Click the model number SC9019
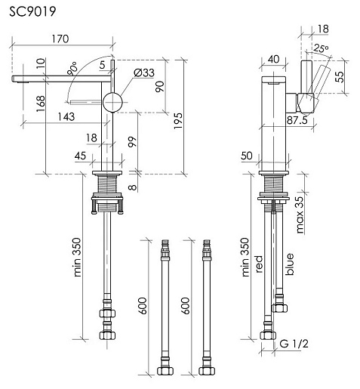click(x=32, y=11)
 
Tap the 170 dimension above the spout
click(x=60, y=39)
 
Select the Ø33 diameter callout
click(x=144, y=73)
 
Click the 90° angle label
click(x=72, y=69)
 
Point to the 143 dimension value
click(x=66, y=116)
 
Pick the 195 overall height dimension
click(x=178, y=121)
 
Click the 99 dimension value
click(x=132, y=142)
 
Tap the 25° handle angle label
click(x=321, y=48)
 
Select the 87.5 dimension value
click(x=297, y=120)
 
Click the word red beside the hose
click(x=259, y=264)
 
